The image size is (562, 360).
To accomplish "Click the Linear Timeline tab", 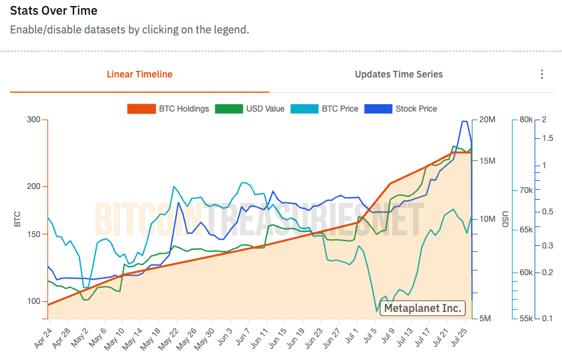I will point(140,74).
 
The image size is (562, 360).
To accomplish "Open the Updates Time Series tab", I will point(398,74).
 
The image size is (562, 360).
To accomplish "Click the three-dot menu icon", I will point(542,74).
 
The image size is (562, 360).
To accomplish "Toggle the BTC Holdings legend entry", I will point(168,108).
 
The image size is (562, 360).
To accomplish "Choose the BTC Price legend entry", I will point(325,108).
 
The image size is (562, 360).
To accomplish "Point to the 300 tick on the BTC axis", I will point(33,120).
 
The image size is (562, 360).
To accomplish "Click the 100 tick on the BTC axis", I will point(33,301).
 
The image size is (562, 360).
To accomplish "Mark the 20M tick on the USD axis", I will point(486,120).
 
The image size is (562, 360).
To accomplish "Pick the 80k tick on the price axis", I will point(526,120).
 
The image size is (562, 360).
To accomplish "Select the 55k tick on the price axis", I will point(526,318).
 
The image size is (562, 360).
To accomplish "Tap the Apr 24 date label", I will point(43,338).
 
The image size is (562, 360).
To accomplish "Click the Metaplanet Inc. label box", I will point(422,308).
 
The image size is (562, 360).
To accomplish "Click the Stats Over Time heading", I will point(53,11).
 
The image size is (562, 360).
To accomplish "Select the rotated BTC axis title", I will point(18,218).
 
